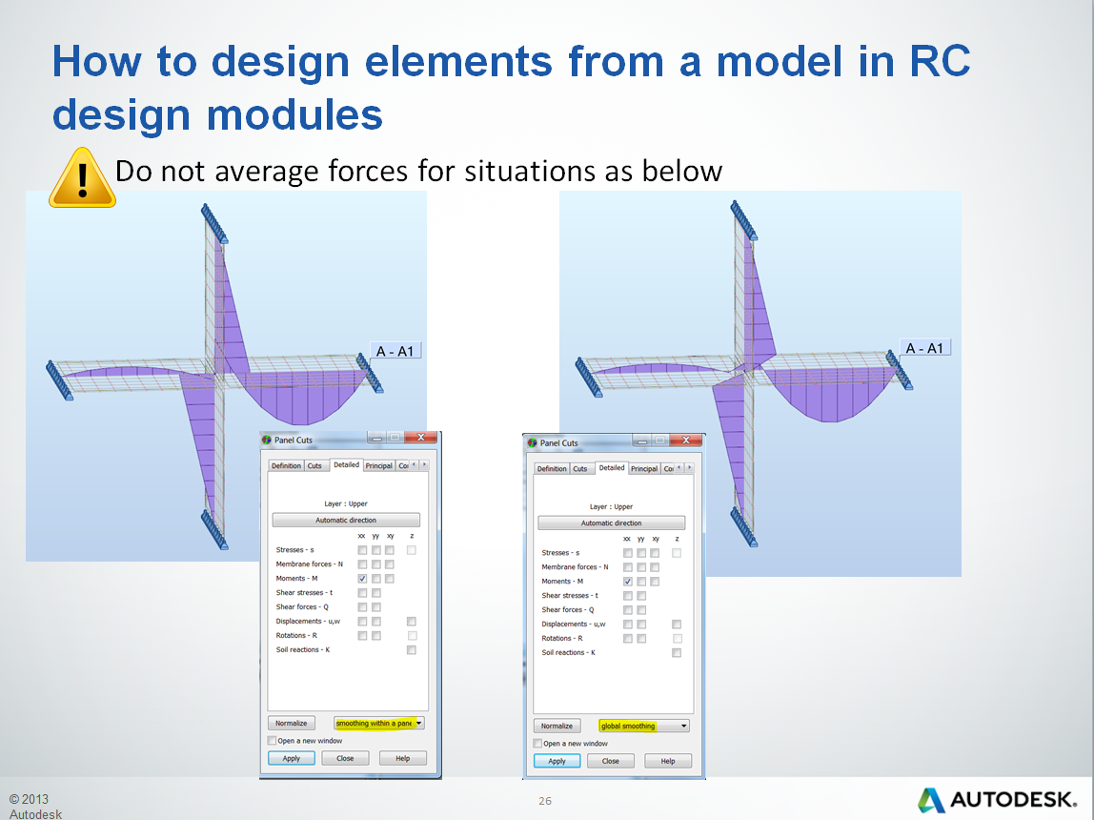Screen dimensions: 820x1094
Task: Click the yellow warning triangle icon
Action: [x=83, y=178]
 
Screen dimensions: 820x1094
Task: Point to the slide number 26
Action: [x=545, y=801]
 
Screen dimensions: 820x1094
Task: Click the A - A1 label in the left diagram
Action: [x=395, y=351]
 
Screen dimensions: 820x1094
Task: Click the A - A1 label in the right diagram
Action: [x=923, y=348]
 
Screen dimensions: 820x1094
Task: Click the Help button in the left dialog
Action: [x=402, y=758]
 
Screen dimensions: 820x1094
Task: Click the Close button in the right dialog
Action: [x=611, y=761]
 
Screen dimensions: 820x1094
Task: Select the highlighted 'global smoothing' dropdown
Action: [x=643, y=726]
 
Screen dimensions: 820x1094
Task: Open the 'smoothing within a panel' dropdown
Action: [x=379, y=723]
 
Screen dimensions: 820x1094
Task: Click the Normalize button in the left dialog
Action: [x=292, y=723]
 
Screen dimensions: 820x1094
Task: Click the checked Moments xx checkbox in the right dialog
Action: [x=627, y=582]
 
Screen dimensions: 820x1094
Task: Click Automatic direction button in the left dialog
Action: [x=346, y=520]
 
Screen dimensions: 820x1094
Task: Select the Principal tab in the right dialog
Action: [x=644, y=468]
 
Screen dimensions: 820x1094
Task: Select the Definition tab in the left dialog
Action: [x=286, y=465]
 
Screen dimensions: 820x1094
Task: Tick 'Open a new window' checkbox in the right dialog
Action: [x=537, y=743]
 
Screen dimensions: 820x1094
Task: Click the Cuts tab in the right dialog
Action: [x=579, y=468]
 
